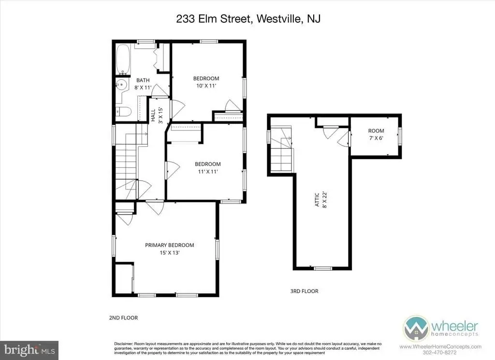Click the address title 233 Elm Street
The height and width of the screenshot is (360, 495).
click(213, 19)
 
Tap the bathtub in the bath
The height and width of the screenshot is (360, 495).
click(123, 59)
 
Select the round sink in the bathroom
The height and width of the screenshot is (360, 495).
click(121, 85)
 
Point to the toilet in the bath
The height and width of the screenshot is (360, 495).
click(123, 112)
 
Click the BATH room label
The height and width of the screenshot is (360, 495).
click(143, 80)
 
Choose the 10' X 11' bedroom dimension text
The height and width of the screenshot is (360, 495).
click(206, 86)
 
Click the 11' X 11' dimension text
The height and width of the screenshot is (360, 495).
click(208, 172)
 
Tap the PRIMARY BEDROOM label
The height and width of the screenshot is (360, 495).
click(170, 245)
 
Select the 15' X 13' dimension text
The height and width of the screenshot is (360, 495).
click(170, 253)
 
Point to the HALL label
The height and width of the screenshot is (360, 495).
click(153, 115)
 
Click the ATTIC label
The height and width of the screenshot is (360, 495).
click(317, 200)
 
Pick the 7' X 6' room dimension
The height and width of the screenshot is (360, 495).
click(376, 138)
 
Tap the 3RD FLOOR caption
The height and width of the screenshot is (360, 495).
click(305, 291)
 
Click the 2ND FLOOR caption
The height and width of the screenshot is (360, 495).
click(123, 318)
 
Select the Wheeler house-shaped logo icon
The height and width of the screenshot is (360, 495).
click(416, 328)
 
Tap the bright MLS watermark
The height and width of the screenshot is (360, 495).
click(29, 350)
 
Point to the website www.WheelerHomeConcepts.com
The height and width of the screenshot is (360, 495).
click(441, 347)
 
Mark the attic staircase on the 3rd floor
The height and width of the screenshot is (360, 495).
click(281, 149)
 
